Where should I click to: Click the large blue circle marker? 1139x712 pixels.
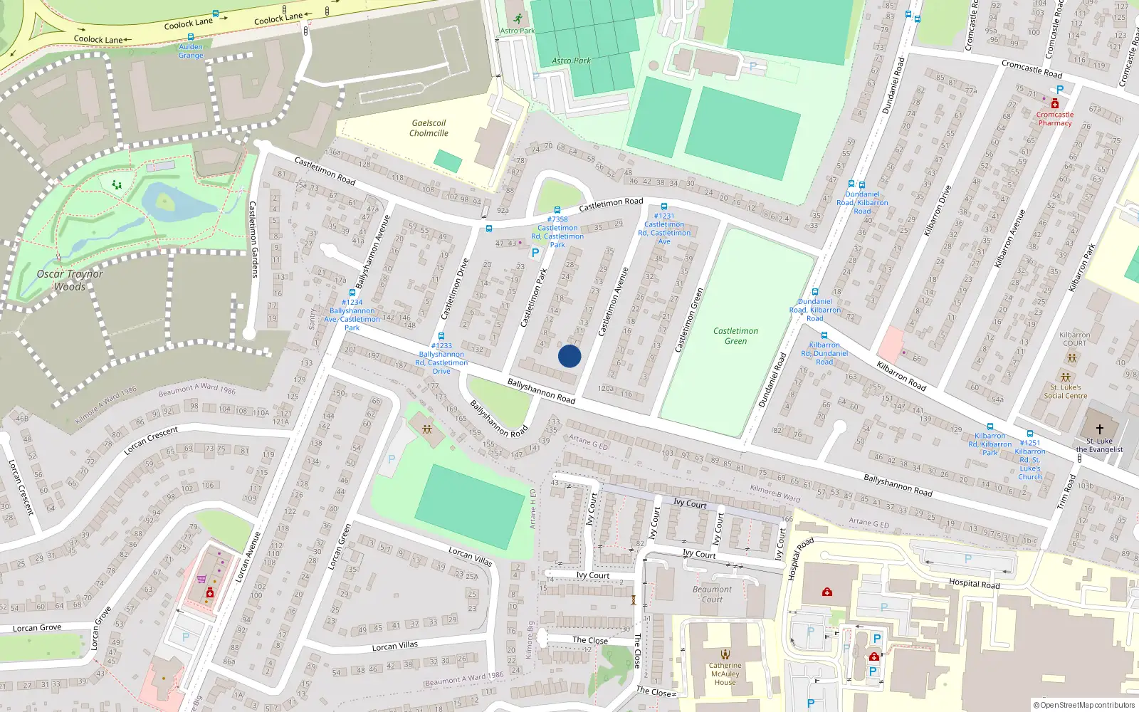[x=569, y=356]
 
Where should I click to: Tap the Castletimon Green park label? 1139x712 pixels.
[x=735, y=336]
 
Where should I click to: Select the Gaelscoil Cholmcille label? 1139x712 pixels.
[x=429, y=128]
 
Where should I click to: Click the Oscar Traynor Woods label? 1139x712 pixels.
[x=70, y=280]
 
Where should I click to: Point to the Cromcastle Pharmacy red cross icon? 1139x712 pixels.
[x=1055, y=104]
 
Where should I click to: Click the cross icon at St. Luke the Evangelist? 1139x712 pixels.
[x=1099, y=429]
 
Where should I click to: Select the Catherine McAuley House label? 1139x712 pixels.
[x=725, y=674]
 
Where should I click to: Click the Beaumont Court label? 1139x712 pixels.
[x=712, y=594]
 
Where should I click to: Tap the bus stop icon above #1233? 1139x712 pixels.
[x=441, y=336]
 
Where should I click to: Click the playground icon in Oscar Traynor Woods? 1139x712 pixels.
[x=117, y=185]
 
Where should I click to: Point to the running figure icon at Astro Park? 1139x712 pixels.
[x=518, y=19]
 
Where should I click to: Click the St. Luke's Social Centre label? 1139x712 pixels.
[x=1065, y=392]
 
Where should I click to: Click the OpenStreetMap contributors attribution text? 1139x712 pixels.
[x=1084, y=705]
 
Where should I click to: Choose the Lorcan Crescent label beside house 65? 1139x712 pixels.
[x=151, y=441]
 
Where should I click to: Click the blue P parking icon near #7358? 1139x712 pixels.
[x=535, y=253]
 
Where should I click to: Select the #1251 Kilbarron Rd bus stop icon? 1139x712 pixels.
[x=1030, y=434]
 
